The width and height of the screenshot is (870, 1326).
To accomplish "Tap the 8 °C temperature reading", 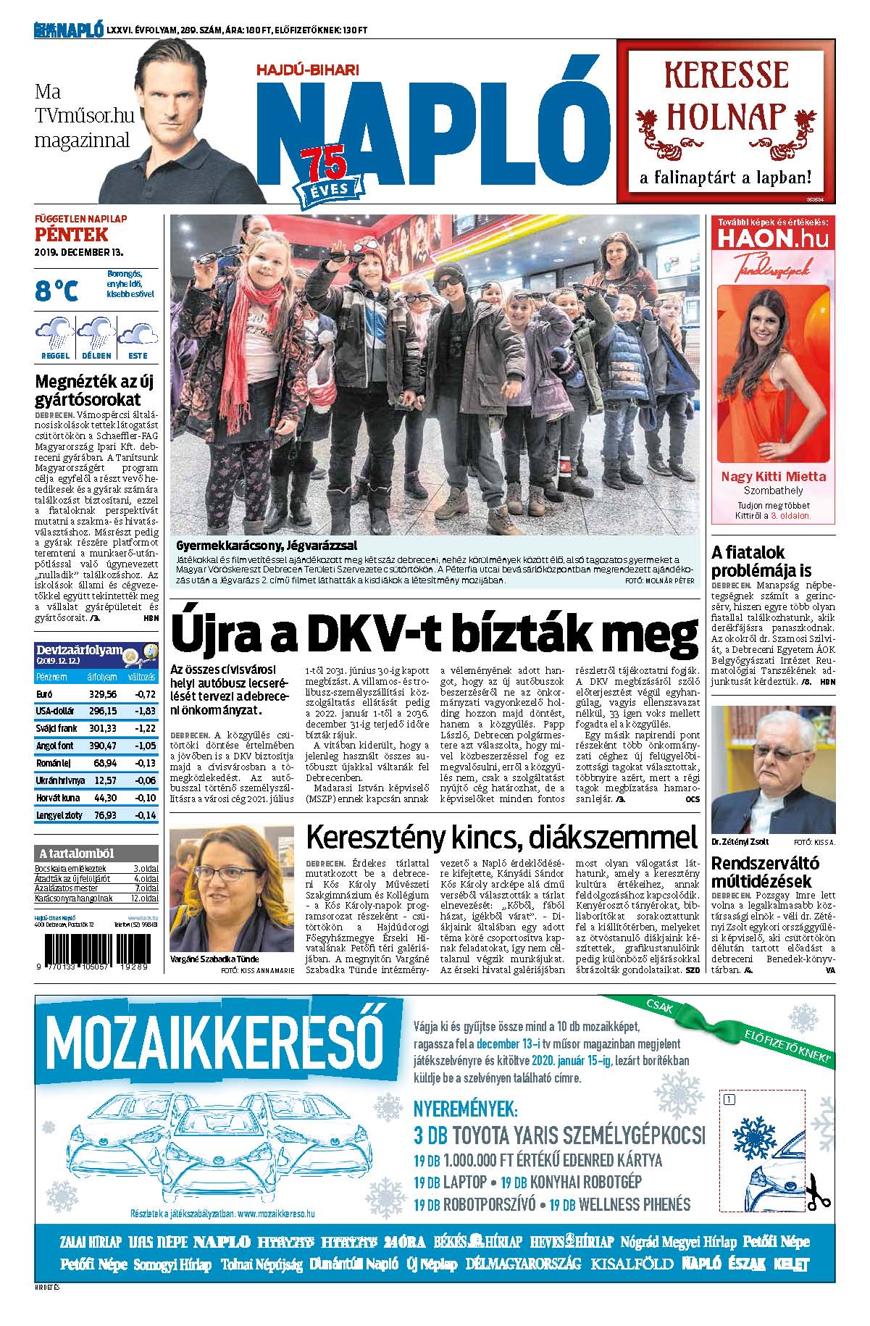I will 57,290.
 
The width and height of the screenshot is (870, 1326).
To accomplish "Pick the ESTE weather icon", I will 138,336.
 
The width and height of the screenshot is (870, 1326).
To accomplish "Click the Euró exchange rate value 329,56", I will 102,693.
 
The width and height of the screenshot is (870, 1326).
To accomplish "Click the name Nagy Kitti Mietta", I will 773,476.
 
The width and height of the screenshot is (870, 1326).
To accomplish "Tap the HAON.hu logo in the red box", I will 771,240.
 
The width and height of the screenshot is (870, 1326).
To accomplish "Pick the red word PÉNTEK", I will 71,235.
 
